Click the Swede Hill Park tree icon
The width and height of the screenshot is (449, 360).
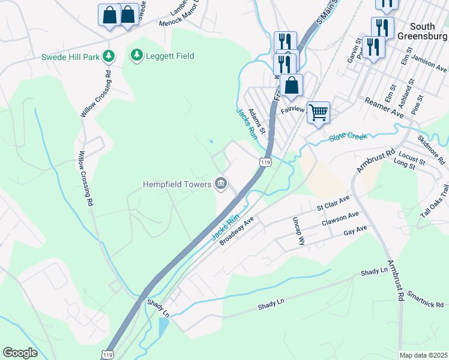[108, 56]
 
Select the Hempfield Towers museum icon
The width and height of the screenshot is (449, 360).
[220, 184]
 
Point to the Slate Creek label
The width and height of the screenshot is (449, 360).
[348, 137]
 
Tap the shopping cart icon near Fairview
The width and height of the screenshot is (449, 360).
[318, 111]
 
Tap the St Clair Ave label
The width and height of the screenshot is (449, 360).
[333, 203]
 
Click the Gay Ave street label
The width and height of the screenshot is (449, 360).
[355, 230]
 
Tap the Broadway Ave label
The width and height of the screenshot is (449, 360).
[237, 231]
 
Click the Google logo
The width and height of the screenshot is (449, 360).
[20, 353]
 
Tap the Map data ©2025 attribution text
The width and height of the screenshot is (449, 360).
[423, 355]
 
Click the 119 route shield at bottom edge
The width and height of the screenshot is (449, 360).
[108, 354]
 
